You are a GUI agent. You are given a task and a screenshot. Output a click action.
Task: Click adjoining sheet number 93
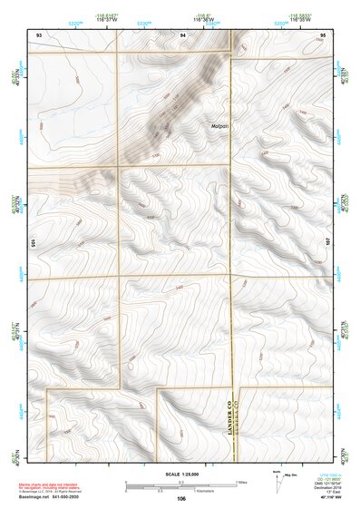tap(38, 33)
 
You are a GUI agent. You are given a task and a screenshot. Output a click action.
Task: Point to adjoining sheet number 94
tap(182, 33)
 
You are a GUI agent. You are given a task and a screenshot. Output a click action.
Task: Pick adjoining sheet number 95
tap(323, 33)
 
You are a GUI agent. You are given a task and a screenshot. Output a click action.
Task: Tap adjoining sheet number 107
tap(329, 242)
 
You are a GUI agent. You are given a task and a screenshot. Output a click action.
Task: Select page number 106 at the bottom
tap(181, 499)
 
